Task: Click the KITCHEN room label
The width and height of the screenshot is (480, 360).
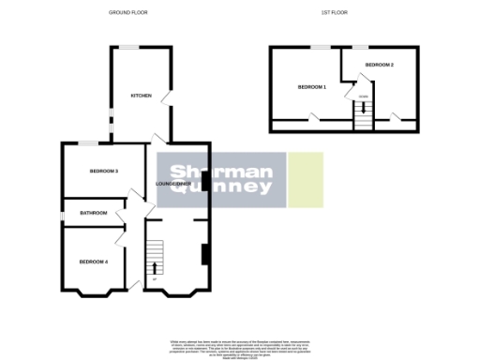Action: [141, 96]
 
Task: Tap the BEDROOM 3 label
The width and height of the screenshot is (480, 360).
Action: [103, 171]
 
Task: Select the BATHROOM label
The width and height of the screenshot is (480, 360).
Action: [93, 213]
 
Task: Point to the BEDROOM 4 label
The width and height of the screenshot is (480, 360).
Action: [93, 261]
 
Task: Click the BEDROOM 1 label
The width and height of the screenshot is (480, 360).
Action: [311, 86]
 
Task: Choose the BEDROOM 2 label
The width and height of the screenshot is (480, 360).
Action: [379, 64]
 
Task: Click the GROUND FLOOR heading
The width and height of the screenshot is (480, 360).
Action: [129, 13]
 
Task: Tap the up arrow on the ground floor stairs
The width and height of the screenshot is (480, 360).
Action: [154, 269]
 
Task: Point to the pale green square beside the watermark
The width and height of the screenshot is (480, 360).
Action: [305, 179]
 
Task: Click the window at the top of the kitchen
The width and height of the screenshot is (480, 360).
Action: [127, 47]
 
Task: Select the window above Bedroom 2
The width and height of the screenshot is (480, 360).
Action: [361, 47]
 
